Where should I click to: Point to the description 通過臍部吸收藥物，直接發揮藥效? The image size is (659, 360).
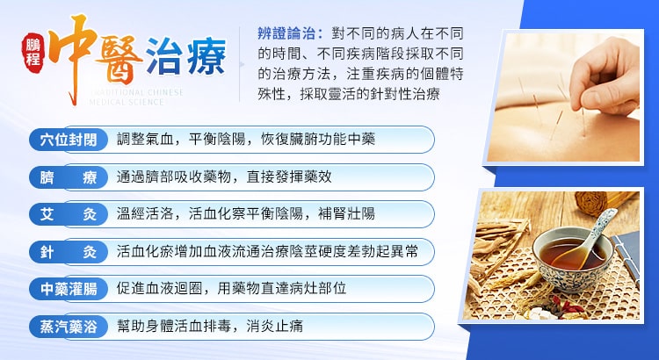(x=224, y=177)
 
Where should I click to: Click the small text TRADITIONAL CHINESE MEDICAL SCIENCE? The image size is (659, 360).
(x=141, y=95)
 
